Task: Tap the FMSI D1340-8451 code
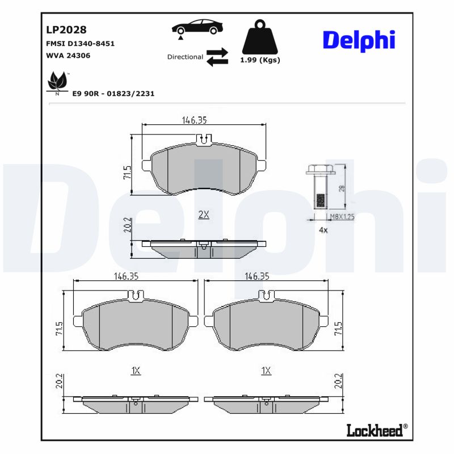click(x=79, y=43)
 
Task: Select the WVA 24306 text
click(x=68, y=55)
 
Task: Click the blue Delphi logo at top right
click(x=359, y=40)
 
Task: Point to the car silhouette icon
click(x=197, y=28)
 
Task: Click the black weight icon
click(x=260, y=38)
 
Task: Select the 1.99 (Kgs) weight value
click(x=260, y=60)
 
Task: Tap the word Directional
click(x=185, y=57)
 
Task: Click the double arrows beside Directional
click(x=217, y=57)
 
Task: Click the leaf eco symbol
click(x=57, y=82)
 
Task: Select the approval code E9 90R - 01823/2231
click(x=113, y=93)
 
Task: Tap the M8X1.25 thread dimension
click(x=342, y=217)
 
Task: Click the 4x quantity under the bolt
click(x=323, y=230)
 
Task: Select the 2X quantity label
click(x=204, y=215)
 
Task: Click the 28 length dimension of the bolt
click(x=341, y=188)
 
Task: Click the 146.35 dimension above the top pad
click(x=194, y=120)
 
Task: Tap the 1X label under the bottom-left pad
click(x=135, y=371)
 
